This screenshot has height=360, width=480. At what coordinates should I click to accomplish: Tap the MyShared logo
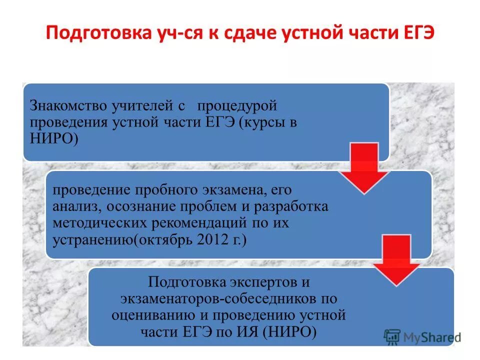tap(422, 337)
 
